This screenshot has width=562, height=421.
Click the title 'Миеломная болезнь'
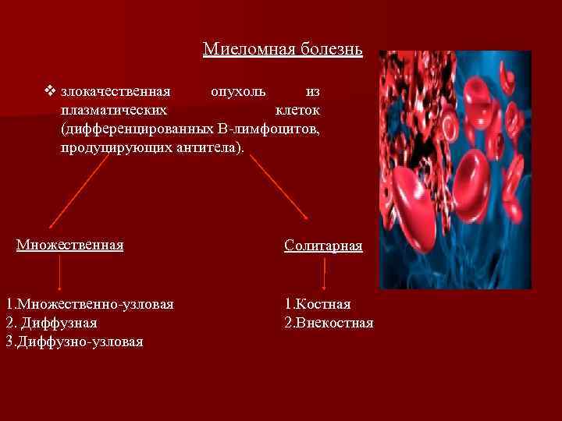click(x=283, y=50)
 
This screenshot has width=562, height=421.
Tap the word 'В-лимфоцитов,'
click(x=270, y=128)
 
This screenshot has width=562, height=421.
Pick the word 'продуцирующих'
click(x=114, y=146)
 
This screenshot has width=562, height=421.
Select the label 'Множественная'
click(x=70, y=246)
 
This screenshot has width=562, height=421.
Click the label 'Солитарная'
click(x=323, y=246)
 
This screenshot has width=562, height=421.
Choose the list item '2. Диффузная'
click(x=52, y=322)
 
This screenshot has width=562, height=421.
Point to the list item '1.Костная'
click(x=318, y=303)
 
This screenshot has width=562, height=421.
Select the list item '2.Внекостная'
click(x=329, y=322)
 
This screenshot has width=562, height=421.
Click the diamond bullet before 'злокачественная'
click(x=51, y=92)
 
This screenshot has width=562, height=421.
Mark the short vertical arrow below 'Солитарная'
click(x=324, y=273)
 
